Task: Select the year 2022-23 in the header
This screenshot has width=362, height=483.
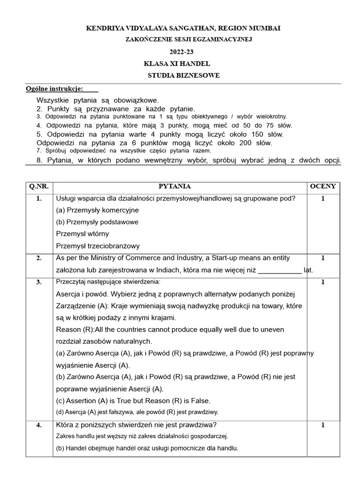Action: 181,52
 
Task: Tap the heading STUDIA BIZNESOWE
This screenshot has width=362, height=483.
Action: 183,75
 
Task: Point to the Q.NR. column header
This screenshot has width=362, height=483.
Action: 39,186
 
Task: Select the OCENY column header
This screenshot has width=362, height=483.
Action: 322,186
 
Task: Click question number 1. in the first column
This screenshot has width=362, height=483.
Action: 39,199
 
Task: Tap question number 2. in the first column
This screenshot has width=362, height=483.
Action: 39,258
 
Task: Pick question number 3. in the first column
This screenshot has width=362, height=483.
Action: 39,282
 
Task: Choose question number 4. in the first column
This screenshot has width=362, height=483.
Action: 39,425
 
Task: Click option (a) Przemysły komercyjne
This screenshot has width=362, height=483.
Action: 97,210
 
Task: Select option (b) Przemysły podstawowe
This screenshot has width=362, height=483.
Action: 97,222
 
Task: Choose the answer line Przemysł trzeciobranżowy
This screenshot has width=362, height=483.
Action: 98,246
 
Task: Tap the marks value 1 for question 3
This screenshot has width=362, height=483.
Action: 322,282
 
